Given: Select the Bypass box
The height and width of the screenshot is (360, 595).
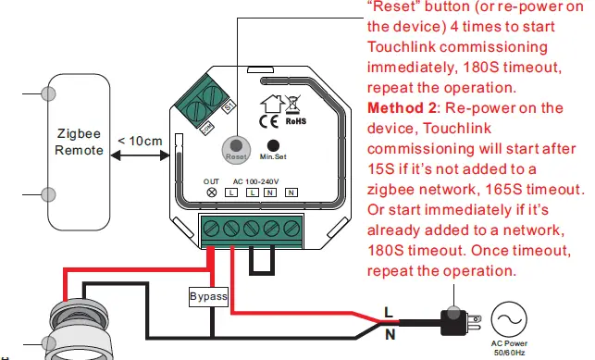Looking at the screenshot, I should [207, 297].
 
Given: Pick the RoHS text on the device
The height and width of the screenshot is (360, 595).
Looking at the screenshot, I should [295, 121].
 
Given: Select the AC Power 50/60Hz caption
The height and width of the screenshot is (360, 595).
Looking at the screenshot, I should [510, 349].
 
